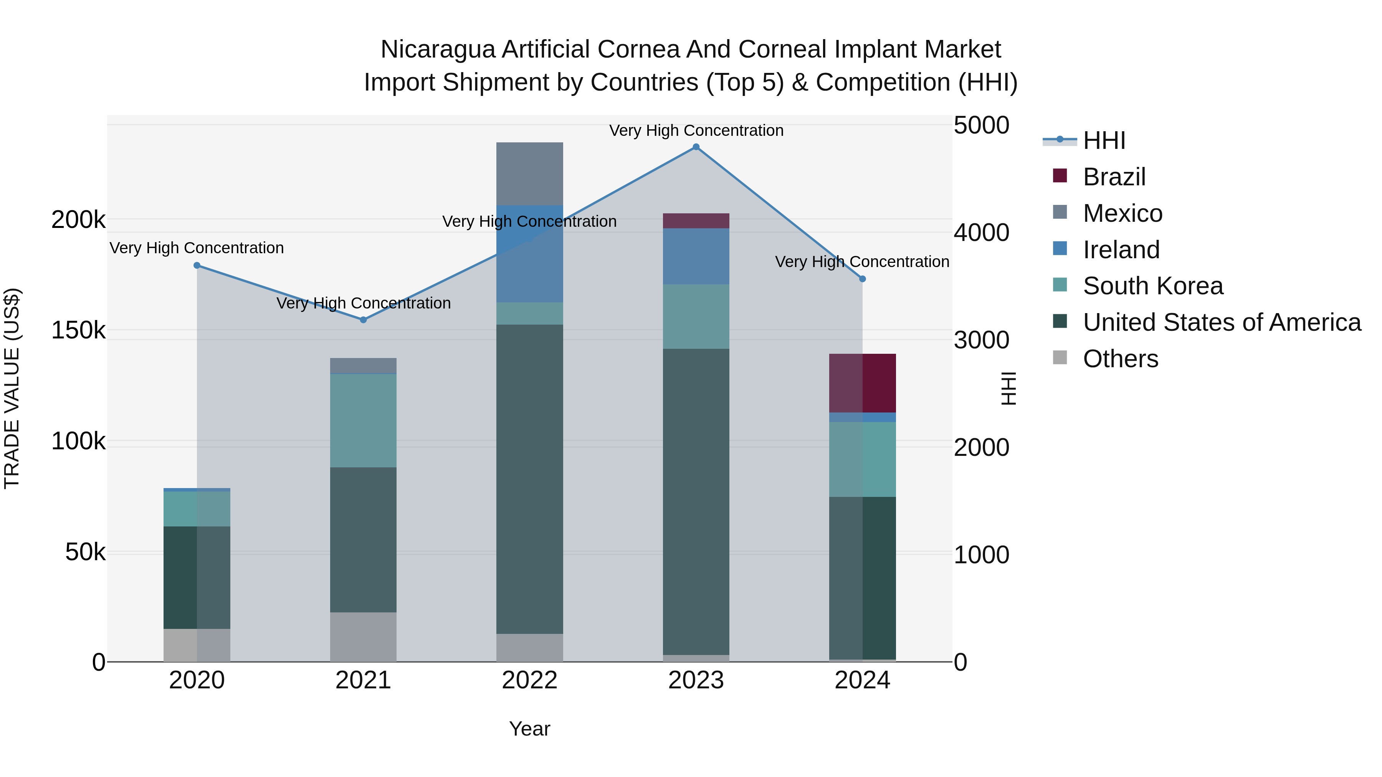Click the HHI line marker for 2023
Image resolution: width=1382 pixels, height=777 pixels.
pyautogui.click(x=696, y=147)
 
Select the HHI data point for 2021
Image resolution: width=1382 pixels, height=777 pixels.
pyautogui.click(x=363, y=320)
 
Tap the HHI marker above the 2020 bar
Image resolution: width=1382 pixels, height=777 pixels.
pyautogui.click(x=197, y=266)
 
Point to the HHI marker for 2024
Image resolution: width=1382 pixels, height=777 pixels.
pyautogui.click(x=863, y=279)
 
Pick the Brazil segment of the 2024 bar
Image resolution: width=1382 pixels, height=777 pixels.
pyautogui.click(x=863, y=383)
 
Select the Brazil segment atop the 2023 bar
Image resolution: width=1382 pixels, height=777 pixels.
pyautogui.click(x=696, y=221)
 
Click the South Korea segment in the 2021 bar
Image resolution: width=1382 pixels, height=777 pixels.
pyautogui.click(x=363, y=421)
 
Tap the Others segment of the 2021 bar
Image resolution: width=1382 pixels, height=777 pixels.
pyautogui.click(x=363, y=637)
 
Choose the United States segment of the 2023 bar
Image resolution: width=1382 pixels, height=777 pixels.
pyautogui.click(x=696, y=502)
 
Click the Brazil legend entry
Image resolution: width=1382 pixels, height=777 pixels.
pyautogui.click(x=1114, y=177)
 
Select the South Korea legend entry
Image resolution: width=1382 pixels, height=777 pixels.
pyautogui.click(x=1152, y=286)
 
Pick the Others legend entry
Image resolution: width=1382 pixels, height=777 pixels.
pyautogui.click(x=1120, y=359)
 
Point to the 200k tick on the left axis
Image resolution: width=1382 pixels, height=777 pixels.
pyautogui.click(x=78, y=220)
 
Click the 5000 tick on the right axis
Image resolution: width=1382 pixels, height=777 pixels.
pyautogui.click(x=981, y=125)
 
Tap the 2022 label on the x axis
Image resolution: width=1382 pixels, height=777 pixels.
pyautogui.click(x=529, y=680)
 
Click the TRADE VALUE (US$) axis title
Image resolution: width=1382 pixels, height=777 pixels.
pyautogui.click(x=12, y=388)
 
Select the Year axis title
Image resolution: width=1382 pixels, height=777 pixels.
pyautogui.click(x=529, y=729)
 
